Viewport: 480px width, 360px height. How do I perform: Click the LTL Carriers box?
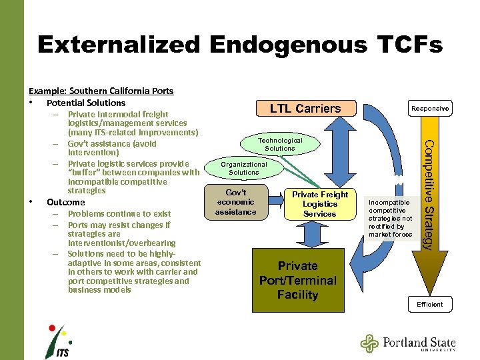click(305, 108)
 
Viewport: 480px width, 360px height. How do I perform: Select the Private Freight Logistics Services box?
click(319, 204)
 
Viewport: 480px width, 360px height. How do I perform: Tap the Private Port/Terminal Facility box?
click(297, 281)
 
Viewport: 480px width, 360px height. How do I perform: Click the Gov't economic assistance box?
click(235, 202)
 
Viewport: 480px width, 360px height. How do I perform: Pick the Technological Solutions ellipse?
click(280, 144)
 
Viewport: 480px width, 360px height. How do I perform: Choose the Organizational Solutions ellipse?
click(244, 168)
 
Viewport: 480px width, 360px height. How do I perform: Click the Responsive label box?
click(429, 108)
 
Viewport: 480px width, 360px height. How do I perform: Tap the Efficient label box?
click(429, 304)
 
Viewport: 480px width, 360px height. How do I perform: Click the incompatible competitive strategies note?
click(390, 218)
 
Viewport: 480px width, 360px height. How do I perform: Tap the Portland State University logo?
click(408, 343)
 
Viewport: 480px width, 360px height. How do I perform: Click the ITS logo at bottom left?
click(58, 341)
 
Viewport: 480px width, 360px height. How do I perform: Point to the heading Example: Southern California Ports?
click(101, 91)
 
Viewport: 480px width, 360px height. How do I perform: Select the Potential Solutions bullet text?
click(86, 103)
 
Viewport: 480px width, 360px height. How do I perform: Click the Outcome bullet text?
click(66, 202)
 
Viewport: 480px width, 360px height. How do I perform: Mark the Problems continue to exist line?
click(119, 214)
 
